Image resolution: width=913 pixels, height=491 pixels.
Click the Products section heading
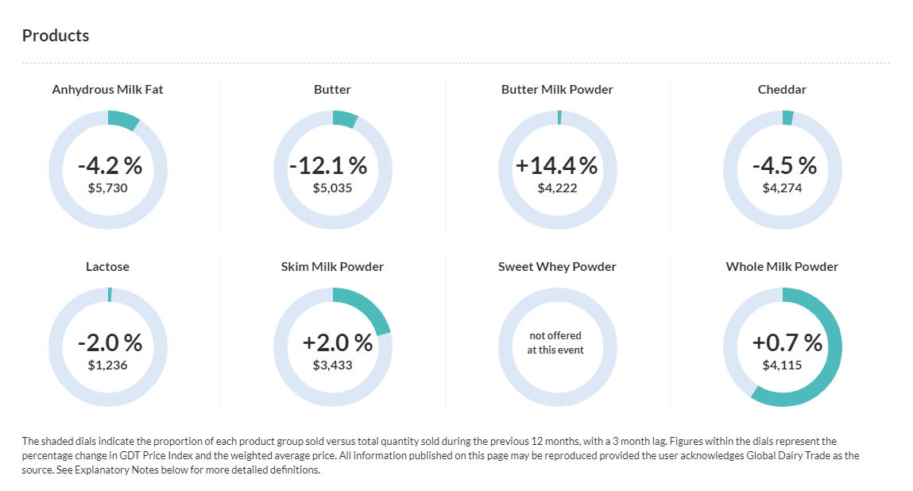click(56, 36)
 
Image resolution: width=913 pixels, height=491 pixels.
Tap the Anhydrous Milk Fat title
click(107, 90)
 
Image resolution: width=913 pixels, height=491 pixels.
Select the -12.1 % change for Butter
click(328, 165)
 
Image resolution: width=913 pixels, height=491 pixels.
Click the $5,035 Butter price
click(332, 188)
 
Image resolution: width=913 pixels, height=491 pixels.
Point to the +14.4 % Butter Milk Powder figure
click(556, 165)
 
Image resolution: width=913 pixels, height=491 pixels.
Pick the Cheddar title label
click(782, 90)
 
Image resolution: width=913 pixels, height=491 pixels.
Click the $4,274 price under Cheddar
click(782, 188)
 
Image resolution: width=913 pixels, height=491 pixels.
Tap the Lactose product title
click(107, 267)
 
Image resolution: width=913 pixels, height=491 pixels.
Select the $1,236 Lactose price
click(107, 365)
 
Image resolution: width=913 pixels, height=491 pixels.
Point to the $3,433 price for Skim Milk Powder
click(332, 365)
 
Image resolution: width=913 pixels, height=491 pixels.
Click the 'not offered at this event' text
click(555, 343)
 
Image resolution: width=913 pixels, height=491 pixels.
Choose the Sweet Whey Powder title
click(557, 267)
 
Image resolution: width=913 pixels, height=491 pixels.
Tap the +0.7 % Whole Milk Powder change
click(787, 342)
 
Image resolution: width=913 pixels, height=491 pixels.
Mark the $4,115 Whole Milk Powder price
click(782, 365)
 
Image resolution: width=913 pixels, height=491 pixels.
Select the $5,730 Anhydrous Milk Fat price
click(107, 188)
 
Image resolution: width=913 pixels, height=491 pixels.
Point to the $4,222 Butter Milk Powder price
click(557, 188)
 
